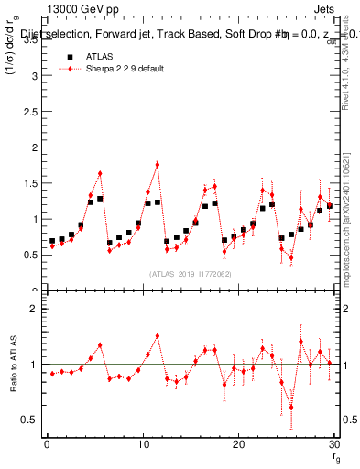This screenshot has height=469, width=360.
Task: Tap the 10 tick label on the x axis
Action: pyautogui.click(x=142, y=444)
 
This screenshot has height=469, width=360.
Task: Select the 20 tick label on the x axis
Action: pyautogui.click(x=238, y=444)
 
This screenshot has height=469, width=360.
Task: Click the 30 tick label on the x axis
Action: pyautogui.click(x=333, y=444)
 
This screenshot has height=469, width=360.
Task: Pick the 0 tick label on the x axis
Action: pyautogui.click(x=47, y=444)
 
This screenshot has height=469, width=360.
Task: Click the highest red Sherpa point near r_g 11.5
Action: pyautogui.click(x=158, y=164)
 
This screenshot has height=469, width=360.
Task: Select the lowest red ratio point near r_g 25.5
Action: pyautogui.click(x=291, y=408)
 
